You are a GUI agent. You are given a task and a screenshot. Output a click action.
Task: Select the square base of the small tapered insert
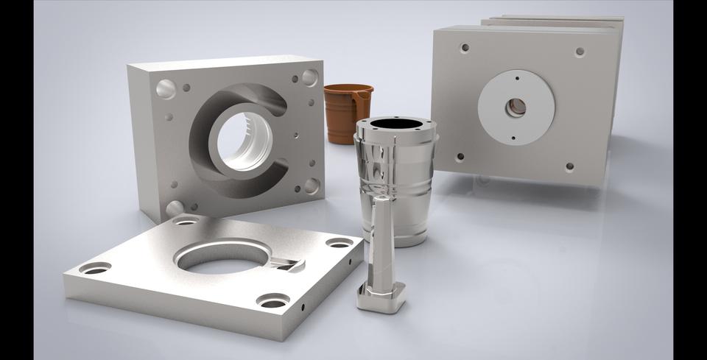pos(381,296)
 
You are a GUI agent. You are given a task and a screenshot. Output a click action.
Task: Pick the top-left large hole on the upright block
pos(166,89)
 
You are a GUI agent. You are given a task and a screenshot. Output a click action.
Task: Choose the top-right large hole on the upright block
pos(310,77)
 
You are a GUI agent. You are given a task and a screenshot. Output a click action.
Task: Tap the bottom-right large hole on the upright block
pos(312,185)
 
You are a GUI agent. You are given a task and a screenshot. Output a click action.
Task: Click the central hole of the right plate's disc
pos(516,107)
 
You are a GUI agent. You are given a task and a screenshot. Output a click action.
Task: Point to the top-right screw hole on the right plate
pos(580,52)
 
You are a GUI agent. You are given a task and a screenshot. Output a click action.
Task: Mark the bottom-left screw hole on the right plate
pos(460,156)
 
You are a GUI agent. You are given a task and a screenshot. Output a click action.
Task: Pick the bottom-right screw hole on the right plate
pos(570,166)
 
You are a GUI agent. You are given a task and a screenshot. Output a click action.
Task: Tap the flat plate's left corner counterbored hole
pos(95,268)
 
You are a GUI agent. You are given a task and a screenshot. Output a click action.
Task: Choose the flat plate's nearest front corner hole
pos(273,300)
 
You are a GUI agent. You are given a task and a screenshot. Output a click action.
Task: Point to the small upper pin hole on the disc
pos(517,77)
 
